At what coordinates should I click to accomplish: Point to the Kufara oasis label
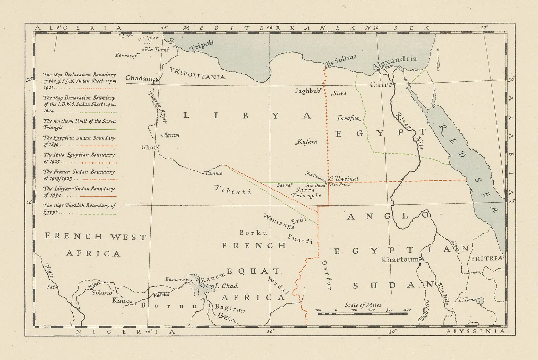tap(307, 142)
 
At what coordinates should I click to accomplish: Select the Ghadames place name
tap(141, 78)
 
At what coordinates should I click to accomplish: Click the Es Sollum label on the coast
tap(341, 60)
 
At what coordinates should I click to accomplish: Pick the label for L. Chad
tap(226, 286)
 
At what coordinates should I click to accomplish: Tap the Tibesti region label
tap(233, 190)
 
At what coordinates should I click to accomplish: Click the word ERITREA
tap(487, 258)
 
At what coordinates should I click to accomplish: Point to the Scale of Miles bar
tap(362, 313)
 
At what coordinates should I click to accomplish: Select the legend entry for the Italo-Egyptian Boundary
tap(79, 158)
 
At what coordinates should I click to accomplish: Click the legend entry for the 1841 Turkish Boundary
tap(79, 208)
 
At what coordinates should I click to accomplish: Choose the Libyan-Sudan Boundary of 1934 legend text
tap(79, 192)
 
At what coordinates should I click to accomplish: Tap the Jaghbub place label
tap(307, 91)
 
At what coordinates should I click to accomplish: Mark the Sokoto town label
tap(102, 292)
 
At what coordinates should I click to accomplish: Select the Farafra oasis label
tap(349, 118)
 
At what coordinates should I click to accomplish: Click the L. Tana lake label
tap(467, 299)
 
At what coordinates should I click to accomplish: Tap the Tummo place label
tap(214, 173)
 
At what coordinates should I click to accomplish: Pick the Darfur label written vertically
tap(326, 275)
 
